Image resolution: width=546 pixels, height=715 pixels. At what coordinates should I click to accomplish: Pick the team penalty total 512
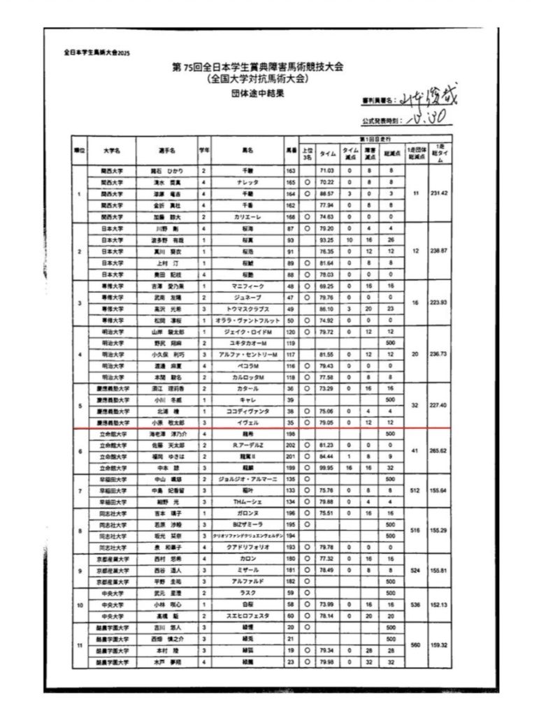coord(415,491)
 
